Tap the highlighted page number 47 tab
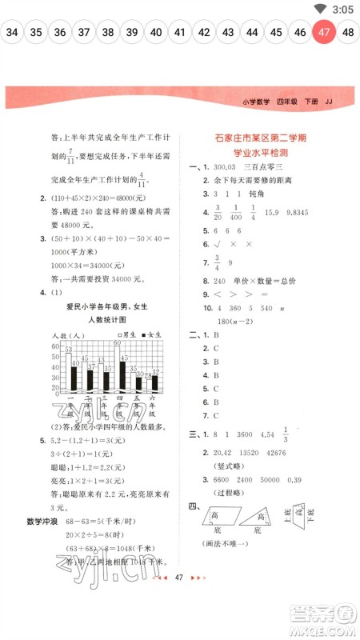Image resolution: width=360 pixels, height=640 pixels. click(324, 33)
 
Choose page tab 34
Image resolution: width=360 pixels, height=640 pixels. click(12, 33)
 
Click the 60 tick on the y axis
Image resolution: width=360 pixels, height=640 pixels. click(56, 346)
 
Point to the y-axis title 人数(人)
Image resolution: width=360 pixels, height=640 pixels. click(68, 334)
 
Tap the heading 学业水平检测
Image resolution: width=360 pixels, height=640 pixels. click(262, 153)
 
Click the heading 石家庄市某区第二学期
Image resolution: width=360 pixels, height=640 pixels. click(262, 138)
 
